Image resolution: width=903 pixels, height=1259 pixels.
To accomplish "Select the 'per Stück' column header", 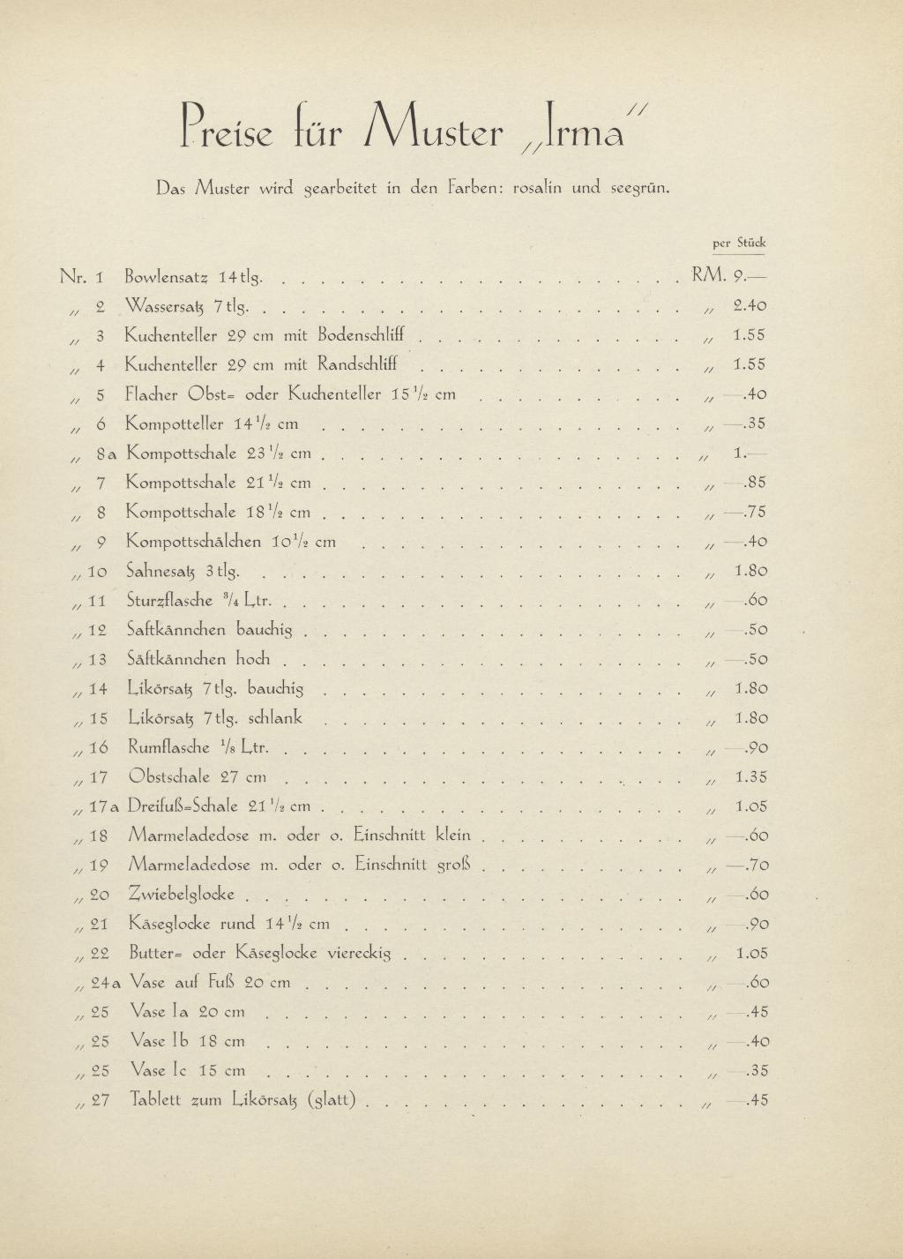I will (739, 243).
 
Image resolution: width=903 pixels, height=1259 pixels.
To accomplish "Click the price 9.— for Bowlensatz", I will (750, 276).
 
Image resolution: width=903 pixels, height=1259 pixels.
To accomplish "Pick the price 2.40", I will (750, 306).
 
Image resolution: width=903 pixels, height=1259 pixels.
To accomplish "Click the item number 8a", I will (105, 453).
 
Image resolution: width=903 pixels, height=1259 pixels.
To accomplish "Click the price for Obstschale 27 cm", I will (750, 777).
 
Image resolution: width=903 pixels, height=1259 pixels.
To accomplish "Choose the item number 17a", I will (104, 806).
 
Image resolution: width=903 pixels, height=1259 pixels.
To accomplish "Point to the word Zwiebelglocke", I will (182, 894).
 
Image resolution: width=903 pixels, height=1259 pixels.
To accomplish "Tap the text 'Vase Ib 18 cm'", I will (187, 1041).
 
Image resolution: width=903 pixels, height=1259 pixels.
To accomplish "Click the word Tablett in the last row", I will (156, 1100).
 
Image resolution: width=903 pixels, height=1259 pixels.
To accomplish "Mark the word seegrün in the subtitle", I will (641, 187).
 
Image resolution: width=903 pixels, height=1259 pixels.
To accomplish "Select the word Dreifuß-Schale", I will (183, 806).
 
